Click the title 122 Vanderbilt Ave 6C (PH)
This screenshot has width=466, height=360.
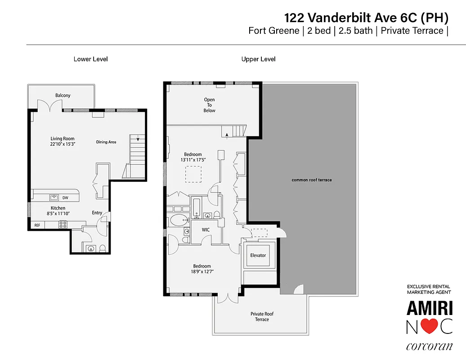[x=366, y=18]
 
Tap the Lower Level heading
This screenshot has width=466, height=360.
[x=90, y=59]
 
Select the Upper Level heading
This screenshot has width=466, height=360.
[x=258, y=59]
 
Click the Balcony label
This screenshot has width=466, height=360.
[x=63, y=95]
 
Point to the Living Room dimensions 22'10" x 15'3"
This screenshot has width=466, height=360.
[x=62, y=144]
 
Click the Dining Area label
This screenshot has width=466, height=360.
[x=106, y=142]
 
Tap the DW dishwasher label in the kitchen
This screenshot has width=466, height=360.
[x=65, y=198]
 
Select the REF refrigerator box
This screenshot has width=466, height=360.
[x=37, y=225]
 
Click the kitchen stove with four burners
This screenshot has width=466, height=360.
[x=62, y=225]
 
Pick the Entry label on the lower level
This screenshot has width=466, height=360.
[x=97, y=213]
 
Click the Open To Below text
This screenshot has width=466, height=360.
[x=209, y=105]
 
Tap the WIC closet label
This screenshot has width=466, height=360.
[x=206, y=229]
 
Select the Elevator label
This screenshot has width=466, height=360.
[x=258, y=255]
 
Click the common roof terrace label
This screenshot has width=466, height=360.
[x=311, y=180]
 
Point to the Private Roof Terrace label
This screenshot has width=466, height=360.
[x=262, y=317]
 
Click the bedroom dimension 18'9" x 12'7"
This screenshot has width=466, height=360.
[x=202, y=271]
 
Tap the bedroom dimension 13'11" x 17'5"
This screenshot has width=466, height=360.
[x=193, y=160]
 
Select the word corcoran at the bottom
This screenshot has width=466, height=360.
[x=429, y=347]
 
